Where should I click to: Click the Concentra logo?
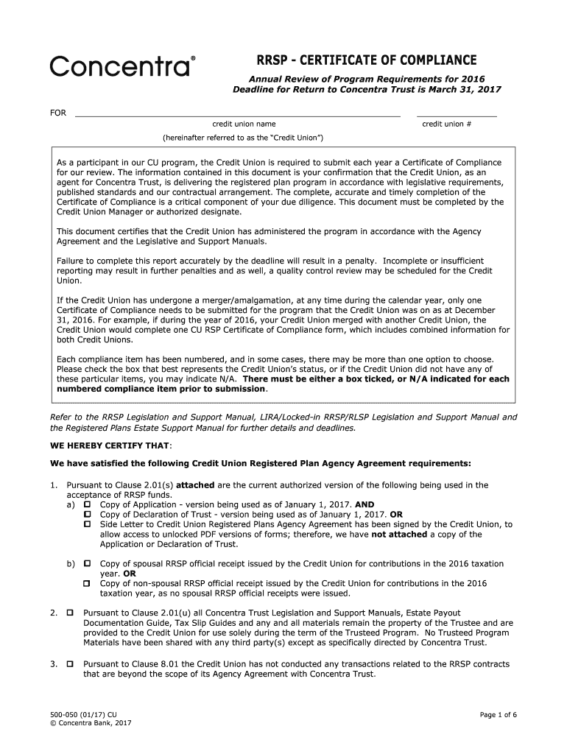(123, 66)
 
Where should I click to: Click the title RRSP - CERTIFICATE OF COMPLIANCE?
(366, 60)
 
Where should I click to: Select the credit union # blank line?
(457, 115)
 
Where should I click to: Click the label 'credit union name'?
(244, 124)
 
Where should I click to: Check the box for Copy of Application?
(87, 504)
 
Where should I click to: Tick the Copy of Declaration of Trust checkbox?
(87, 514)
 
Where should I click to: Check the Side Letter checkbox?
(87, 524)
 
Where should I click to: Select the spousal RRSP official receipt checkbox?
(87, 564)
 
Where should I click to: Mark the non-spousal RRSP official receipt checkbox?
(87, 584)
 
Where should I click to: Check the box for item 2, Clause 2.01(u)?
(70, 613)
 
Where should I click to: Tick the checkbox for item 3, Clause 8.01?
(70, 665)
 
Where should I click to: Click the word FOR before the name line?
(57, 113)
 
